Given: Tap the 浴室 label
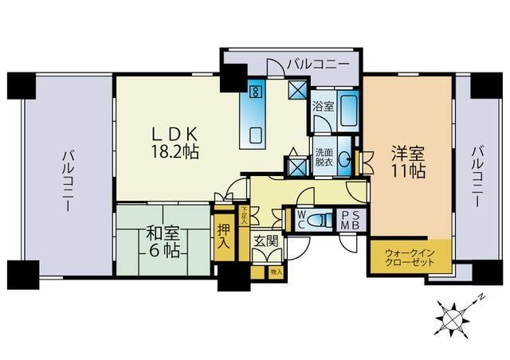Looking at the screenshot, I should pyautogui.click(x=322, y=105).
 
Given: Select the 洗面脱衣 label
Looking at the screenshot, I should pyautogui.click(x=323, y=158).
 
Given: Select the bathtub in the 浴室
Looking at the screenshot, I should pyautogui.click(x=348, y=108).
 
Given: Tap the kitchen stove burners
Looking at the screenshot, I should pyautogui.click(x=256, y=90).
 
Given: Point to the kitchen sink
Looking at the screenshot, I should pyautogui.click(x=257, y=133).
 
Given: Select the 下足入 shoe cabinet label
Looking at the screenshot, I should pyautogui.click(x=244, y=215).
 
